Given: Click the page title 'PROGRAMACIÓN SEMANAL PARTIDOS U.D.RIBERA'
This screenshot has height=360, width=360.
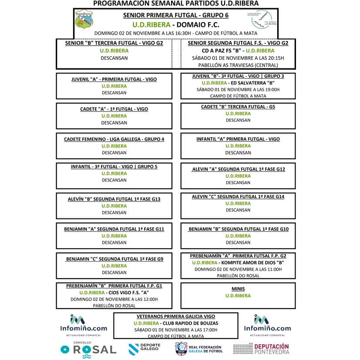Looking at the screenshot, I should pos(176,3).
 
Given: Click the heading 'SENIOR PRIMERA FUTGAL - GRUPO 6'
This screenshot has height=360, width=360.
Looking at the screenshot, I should pos(176,15).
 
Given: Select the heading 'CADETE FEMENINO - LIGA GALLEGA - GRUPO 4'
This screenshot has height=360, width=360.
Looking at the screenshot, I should pos(114,139).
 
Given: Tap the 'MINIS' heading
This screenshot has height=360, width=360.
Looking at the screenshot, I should pos(238,289).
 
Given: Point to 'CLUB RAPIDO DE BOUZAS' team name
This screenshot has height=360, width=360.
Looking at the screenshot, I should pos(189,323).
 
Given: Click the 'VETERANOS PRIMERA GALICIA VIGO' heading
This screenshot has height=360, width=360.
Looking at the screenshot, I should pos(176,316).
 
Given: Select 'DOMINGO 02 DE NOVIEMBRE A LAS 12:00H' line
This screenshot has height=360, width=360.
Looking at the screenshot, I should pos(114,299).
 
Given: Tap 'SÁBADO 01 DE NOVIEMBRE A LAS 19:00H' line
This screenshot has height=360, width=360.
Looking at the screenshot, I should pos(238,89).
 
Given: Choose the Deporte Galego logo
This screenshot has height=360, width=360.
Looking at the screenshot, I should pos(145,348).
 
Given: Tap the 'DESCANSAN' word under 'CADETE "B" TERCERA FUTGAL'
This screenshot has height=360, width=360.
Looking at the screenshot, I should pos(238,120).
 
